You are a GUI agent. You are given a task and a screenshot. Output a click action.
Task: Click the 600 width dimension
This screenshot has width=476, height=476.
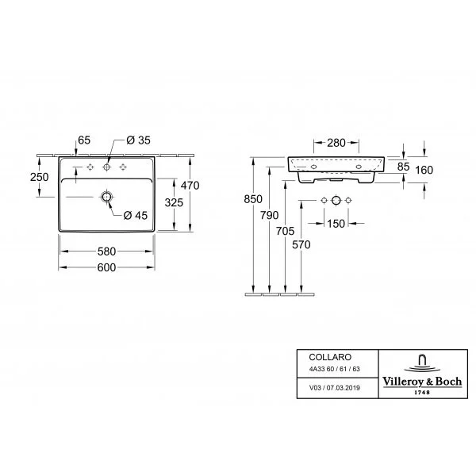(x=106, y=267)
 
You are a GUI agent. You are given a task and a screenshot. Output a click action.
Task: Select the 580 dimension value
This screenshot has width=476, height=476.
(x=106, y=251)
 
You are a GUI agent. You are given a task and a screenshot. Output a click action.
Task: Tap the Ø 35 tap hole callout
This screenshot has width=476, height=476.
(x=138, y=140)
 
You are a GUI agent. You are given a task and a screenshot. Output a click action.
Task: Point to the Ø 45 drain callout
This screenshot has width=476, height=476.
(x=136, y=216)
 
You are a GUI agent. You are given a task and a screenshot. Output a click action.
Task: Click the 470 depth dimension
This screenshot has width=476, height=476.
(x=190, y=186)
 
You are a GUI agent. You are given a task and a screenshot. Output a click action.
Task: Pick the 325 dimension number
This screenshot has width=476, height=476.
(x=174, y=202)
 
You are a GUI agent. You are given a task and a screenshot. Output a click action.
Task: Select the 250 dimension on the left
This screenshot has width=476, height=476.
(x=39, y=177)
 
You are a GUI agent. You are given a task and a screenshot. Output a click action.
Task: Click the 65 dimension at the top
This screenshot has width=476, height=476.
(x=84, y=140)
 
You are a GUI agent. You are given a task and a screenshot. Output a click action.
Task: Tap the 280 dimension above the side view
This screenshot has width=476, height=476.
(x=336, y=143)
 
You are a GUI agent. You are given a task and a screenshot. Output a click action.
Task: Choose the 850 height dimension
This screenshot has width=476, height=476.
(x=253, y=199)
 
